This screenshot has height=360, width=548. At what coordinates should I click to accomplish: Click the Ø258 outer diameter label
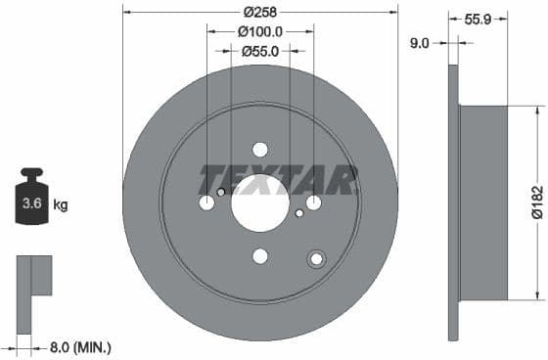(x=260, y=13)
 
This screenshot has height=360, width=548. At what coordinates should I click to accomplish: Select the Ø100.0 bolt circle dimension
(x=260, y=31)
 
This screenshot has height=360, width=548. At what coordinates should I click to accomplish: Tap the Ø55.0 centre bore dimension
(x=260, y=50)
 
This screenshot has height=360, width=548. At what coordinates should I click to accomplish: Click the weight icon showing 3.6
(x=31, y=202)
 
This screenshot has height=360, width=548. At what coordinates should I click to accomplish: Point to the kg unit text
(x=61, y=205)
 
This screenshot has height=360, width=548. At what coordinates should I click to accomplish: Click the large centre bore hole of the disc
(x=260, y=202)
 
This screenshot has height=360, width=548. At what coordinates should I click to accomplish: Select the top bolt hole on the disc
(x=260, y=150)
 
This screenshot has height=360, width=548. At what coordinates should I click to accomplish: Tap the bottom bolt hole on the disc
(x=260, y=255)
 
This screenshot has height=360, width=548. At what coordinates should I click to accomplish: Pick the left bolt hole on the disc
(x=207, y=202)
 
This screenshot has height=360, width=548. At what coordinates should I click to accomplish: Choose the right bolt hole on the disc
(x=313, y=202)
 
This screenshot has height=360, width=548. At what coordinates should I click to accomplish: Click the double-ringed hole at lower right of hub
(x=316, y=259)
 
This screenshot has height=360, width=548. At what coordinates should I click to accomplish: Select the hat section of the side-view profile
(x=484, y=202)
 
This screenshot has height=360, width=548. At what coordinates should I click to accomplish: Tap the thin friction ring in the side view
(x=453, y=202)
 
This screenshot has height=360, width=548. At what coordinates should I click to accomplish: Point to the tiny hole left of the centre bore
(x=222, y=192)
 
